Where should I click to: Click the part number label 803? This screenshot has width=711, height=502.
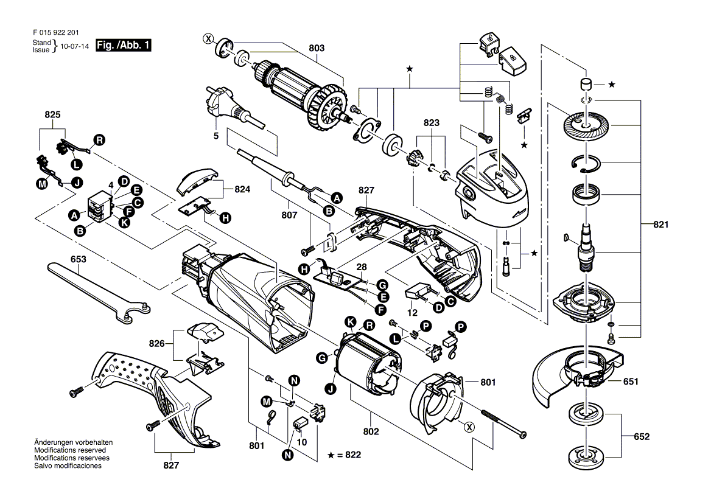click(x=317, y=48)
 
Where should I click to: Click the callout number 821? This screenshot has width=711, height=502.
click(x=661, y=225)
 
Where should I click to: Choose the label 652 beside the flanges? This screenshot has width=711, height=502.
click(x=642, y=437)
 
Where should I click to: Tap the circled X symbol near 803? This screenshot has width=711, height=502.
click(x=209, y=40)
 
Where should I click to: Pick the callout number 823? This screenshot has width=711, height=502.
click(x=432, y=122)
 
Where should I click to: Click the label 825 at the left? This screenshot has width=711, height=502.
click(x=53, y=114)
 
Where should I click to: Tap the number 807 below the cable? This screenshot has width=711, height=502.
click(x=290, y=215)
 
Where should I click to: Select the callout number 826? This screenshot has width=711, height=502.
click(x=156, y=344)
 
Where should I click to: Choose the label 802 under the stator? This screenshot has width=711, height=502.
click(x=371, y=431)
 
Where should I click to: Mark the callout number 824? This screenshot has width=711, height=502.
click(x=242, y=190)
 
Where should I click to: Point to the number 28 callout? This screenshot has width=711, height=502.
click(x=362, y=268)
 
